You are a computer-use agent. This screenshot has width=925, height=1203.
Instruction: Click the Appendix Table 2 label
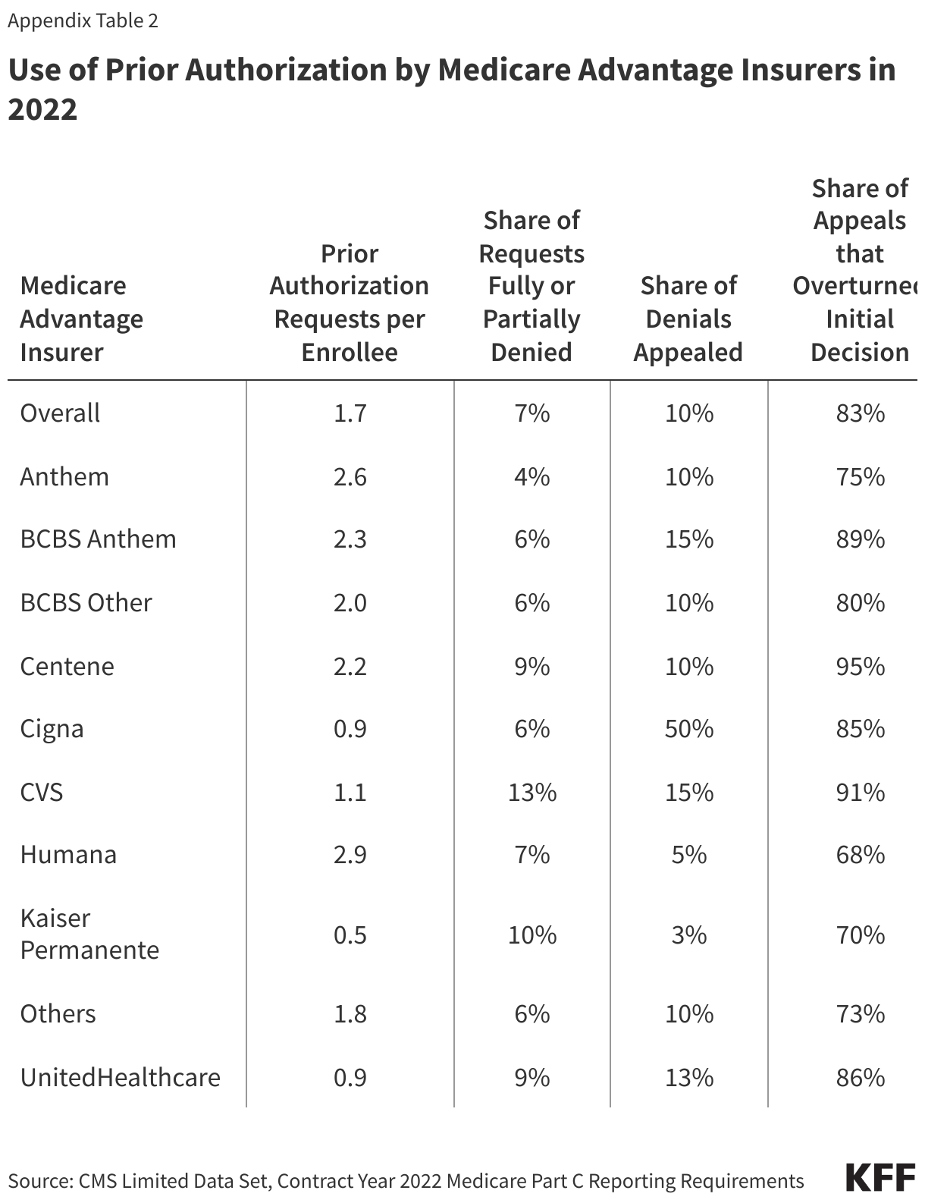click(83, 20)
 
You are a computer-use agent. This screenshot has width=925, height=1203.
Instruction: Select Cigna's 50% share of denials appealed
click(688, 729)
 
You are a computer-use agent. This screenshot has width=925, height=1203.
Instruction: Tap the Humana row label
click(68, 855)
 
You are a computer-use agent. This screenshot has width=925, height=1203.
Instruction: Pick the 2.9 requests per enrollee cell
click(350, 855)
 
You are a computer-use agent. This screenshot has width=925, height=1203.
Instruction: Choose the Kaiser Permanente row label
click(89, 934)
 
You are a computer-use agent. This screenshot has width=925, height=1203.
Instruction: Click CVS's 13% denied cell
click(531, 793)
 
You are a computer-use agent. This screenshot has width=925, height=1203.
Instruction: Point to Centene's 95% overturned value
click(860, 667)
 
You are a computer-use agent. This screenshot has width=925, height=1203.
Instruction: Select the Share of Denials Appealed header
click(688, 319)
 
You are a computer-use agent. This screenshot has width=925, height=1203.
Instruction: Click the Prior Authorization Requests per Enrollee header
click(350, 303)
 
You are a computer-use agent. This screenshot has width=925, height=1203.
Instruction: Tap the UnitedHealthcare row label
click(120, 1078)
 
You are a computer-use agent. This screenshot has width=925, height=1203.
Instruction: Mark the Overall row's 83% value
click(860, 413)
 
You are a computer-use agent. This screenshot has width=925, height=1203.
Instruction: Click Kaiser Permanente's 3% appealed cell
click(688, 934)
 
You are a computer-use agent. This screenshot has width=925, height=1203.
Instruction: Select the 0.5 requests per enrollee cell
click(350, 934)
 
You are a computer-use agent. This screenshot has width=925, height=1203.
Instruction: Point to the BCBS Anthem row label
click(98, 539)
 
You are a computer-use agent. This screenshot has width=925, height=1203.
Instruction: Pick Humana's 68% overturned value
click(860, 855)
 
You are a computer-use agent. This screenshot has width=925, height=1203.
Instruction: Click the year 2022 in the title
click(42, 110)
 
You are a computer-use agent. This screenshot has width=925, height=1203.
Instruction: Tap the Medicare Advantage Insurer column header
click(81, 319)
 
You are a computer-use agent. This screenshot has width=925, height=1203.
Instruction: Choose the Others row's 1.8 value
click(350, 1014)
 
